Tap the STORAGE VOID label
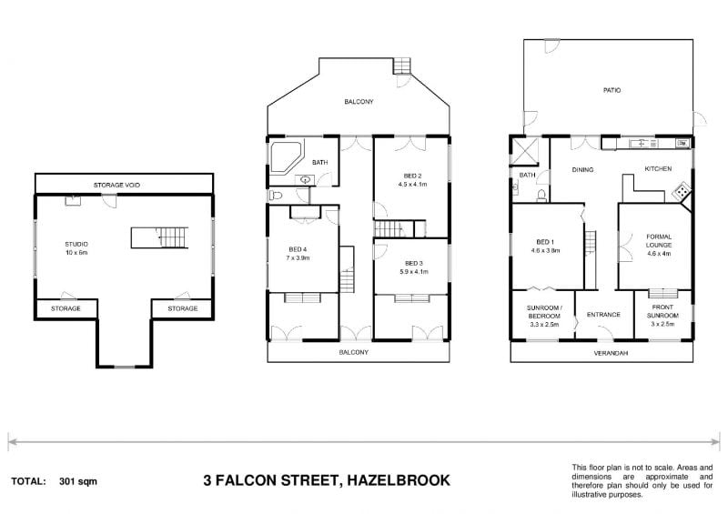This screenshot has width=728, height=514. [116, 185]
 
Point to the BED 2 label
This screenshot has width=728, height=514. [412, 176]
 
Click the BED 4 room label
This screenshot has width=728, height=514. [298, 249]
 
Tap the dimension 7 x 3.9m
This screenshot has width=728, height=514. [298, 257]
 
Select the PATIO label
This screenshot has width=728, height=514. [612, 91]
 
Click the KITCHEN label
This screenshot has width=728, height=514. [657, 169]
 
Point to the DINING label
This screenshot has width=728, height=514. [582, 169]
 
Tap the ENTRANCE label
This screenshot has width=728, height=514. [602, 315]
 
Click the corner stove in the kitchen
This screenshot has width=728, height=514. [679, 193]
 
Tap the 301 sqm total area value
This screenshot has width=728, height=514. [78, 480]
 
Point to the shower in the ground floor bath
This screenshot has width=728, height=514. [523, 151]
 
